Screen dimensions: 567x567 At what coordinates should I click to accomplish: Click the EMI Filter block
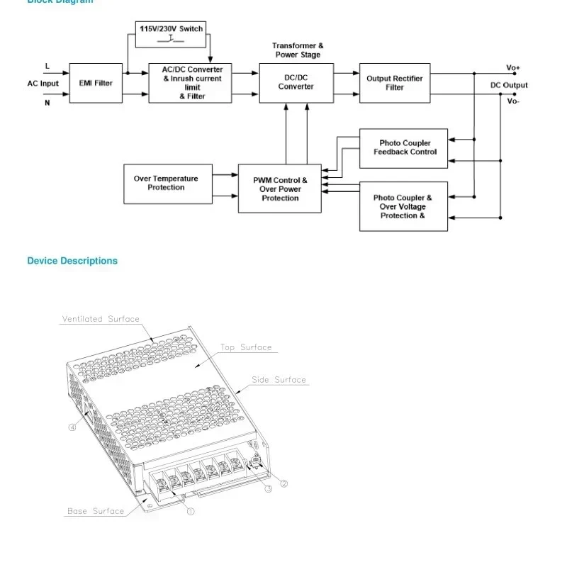tap(95, 83)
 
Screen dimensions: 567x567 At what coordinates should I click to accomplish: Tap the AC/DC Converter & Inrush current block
tap(190, 83)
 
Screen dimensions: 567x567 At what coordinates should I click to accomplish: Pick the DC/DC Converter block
tap(296, 83)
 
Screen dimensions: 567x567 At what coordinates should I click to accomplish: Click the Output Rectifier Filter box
tap(394, 83)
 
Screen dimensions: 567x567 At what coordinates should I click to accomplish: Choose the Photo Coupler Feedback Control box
tap(404, 148)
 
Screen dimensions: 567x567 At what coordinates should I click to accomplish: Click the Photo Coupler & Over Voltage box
tap(403, 206)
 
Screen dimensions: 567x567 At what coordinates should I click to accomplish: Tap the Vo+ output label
tap(513, 68)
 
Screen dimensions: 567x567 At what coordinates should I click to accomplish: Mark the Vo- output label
tap(513, 101)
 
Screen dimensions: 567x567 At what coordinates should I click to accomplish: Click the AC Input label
tap(43, 84)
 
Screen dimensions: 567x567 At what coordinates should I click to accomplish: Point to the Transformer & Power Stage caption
tap(298, 50)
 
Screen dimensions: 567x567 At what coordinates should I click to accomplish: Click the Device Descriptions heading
tap(72, 261)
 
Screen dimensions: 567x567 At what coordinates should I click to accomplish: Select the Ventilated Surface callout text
tap(101, 319)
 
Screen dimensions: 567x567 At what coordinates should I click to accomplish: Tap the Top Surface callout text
tap(246, 347)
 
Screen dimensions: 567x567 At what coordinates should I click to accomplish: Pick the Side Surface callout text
tap(279, 380)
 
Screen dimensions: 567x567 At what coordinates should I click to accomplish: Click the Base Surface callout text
tap(96, 511)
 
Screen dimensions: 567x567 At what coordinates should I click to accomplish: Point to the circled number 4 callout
tap(72, 427)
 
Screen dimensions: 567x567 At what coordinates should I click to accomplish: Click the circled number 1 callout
tap(191, 511)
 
